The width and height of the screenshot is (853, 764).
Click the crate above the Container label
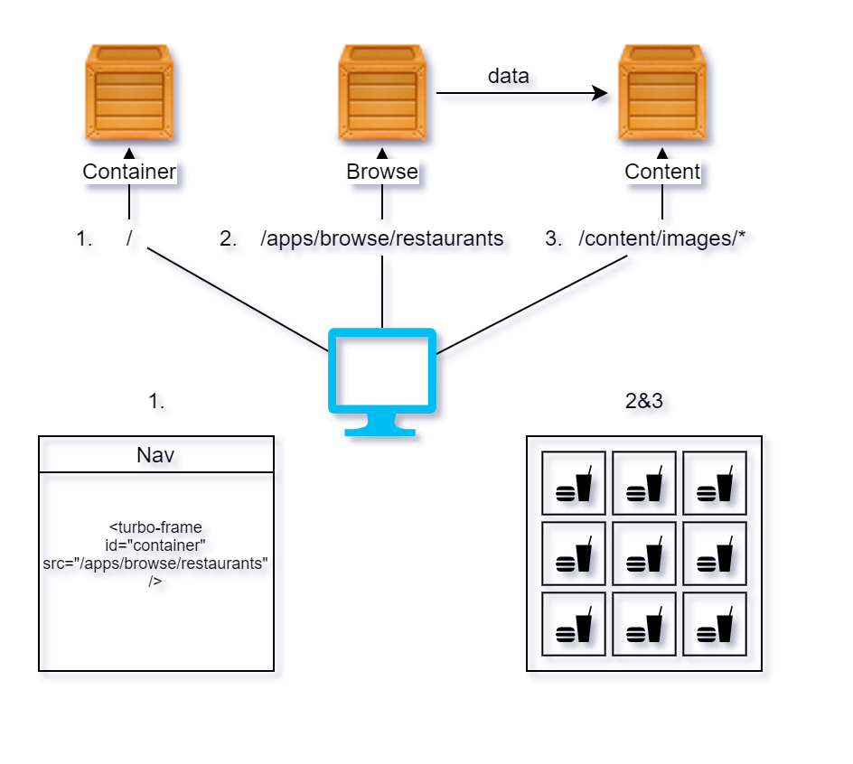click(x=129, y=94)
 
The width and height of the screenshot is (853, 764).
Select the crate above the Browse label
click(x=382, y=94)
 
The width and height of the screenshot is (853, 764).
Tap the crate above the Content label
click(x=661, y=94)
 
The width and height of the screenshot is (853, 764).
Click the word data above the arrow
click(x=508, y=77)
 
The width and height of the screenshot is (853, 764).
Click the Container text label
click(x=129, y=172)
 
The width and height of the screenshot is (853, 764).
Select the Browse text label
click(x=382, y=172)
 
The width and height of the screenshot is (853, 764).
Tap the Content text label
click(x=662, y=172)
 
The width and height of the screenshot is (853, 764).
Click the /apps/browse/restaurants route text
click(x=381, y=239)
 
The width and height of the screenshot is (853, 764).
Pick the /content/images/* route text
click(x=661, y=239)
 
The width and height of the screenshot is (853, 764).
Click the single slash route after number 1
click(x=130, y=239)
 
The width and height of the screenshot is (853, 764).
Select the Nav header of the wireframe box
click(x=155, y=454)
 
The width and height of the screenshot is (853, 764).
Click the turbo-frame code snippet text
click(x=155, y=554)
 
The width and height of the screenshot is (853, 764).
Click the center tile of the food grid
click(x=643, y=554)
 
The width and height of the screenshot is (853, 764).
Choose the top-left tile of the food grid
click(x=573, y=483)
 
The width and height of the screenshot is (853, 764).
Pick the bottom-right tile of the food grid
click(x=714, y=624)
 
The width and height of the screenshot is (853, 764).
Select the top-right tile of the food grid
click(x=714, y=483)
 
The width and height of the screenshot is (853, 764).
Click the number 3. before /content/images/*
click(x=553, y=239)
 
